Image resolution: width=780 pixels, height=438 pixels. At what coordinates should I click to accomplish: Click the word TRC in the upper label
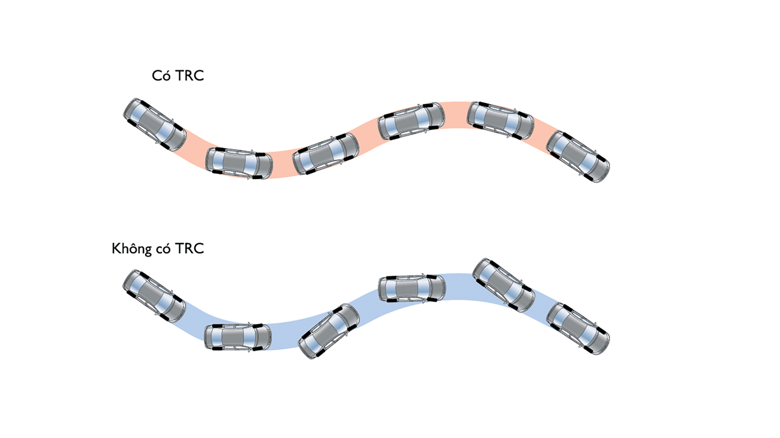(x=189, y=76)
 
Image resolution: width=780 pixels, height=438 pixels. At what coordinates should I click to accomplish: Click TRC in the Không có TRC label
(x=189, y=249)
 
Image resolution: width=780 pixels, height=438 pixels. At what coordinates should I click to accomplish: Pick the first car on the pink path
(x=155, y=124)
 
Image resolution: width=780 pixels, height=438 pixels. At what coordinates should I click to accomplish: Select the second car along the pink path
(x=239, y=163)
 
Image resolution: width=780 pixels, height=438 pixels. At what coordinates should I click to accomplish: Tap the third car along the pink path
(x=326, y=154)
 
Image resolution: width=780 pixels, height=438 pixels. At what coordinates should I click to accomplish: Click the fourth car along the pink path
(x=411, y=121)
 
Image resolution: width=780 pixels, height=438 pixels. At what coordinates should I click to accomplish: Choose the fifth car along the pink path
(x=501, y=120)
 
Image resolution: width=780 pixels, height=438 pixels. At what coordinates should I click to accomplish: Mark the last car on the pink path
(x=578, y=157)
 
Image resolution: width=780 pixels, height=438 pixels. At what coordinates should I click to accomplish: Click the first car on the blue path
(x=154, y=296)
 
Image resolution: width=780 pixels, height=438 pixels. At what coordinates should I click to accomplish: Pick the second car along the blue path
(x=238, y=337)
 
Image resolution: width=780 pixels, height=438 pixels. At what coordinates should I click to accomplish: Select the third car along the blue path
(x=329, y=331)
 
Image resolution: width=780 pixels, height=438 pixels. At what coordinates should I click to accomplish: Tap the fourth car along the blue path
(x=412, y=288)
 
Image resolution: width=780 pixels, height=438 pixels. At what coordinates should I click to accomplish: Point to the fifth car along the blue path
(x=504, y=285)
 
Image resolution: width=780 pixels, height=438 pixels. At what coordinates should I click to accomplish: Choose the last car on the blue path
(x=578, y=328)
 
